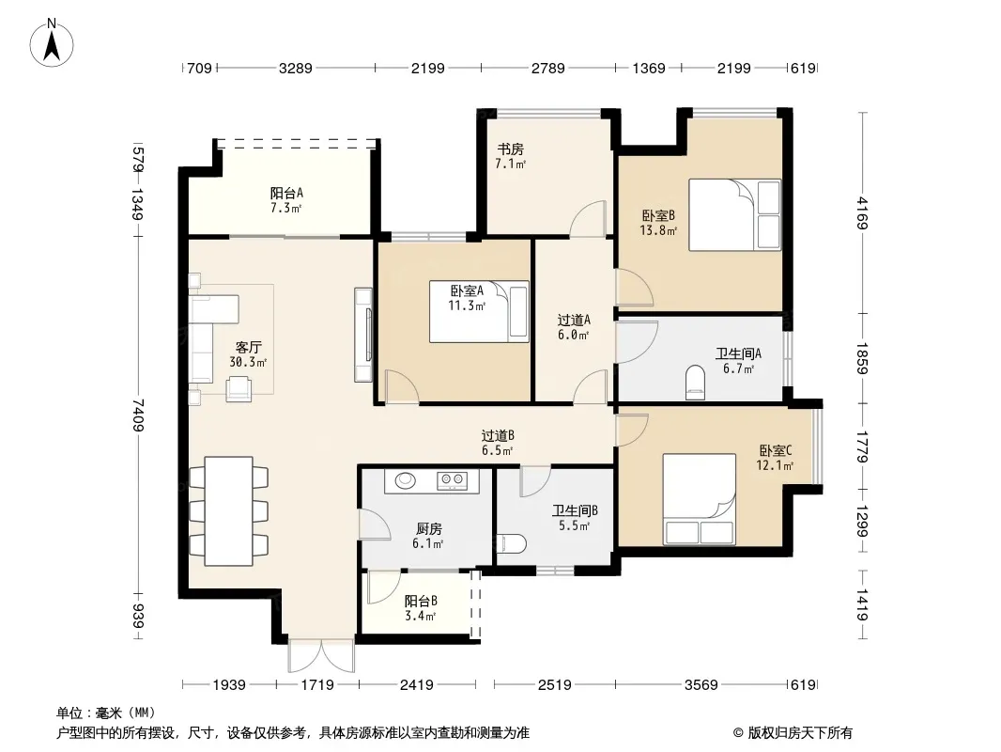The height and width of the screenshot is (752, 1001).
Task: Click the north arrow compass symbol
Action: [52, 43]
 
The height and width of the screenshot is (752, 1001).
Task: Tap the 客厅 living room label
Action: [248, 348]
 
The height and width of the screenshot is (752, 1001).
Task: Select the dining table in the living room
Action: [228, 511]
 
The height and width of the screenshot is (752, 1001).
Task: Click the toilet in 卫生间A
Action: [695, 382]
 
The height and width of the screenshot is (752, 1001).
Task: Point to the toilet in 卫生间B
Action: [512, 543]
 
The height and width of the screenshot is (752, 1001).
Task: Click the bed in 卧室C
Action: [699, 500]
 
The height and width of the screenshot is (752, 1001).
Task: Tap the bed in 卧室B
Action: [735, 214]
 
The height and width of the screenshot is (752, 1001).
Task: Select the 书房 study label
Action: [511, 149]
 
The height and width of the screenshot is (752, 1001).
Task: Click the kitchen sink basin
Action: [406, 480]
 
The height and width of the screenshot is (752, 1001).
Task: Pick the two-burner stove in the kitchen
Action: [452, 480]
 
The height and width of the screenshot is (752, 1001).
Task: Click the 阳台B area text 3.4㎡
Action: [420, 617]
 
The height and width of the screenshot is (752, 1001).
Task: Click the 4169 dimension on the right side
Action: [862, 212]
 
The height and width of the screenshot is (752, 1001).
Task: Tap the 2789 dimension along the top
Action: [547, 68]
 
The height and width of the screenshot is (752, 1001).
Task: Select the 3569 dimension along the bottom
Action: [701, 685]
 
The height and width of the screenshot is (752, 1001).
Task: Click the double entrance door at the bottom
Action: [321, 655]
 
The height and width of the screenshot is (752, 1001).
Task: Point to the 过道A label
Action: [574, 320]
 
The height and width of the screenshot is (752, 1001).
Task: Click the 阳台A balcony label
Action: [286, 193]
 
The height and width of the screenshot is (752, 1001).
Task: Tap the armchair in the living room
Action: [239, 388]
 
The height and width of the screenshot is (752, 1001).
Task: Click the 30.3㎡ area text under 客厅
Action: [248, 362]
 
